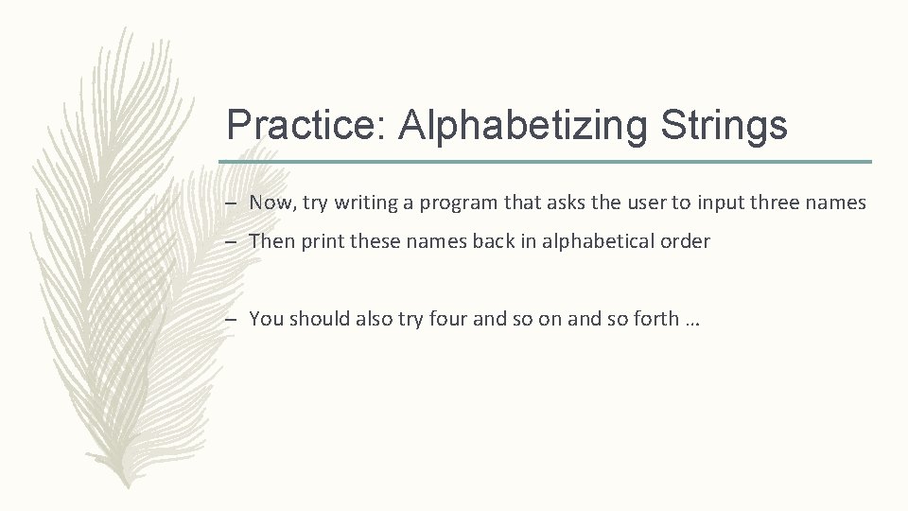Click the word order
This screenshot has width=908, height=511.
[x=687, y=241]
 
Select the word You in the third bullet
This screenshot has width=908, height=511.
[x=266, y=319]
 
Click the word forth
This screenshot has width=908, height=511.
[x=655, y=319]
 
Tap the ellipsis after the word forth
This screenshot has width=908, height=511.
[x=691, y=321]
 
